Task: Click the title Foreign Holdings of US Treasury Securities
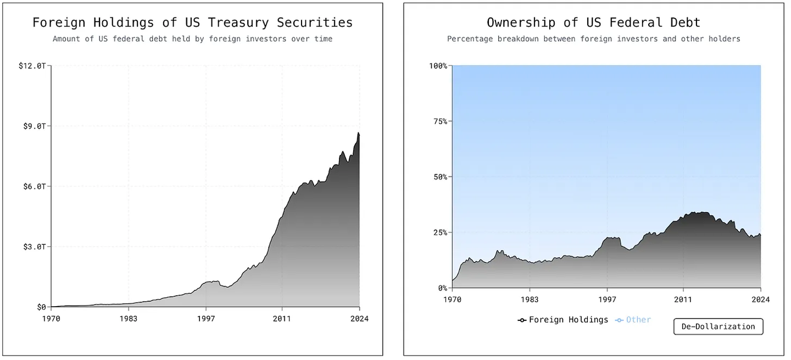tap(192, 23)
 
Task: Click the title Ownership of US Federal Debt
tap(593, 23)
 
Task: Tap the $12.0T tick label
tap(32, 66)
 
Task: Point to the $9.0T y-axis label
tap(35, 126)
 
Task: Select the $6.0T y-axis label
tap(35, 186)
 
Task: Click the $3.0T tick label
tap(35, 247)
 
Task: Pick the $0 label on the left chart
tap(41, 307)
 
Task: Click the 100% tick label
tap(438, 66)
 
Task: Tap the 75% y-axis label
tap(441, 121)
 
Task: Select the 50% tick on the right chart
tap(441, 177)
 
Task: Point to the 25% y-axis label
tap(441, 232)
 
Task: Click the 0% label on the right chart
tap(443, 288)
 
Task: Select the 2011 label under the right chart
tap(683, 300)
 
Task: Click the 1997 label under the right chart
tap(606, 300)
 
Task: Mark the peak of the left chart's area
tap(358, 132)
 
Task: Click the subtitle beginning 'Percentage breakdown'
tap(593, 39)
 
